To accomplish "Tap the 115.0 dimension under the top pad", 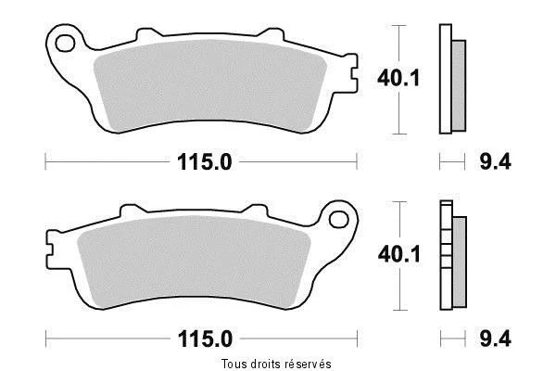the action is [x=204, y=162].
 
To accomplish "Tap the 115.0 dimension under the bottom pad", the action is [x=205, y=339].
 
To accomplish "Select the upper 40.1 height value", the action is [x=398, y=78].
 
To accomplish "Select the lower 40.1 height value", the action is [x=398, y=254].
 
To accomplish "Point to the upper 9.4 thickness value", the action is [x=495, y=162].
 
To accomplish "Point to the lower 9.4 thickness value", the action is [x=495, y=339].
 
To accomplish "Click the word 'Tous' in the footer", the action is [x=234, y=364].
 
